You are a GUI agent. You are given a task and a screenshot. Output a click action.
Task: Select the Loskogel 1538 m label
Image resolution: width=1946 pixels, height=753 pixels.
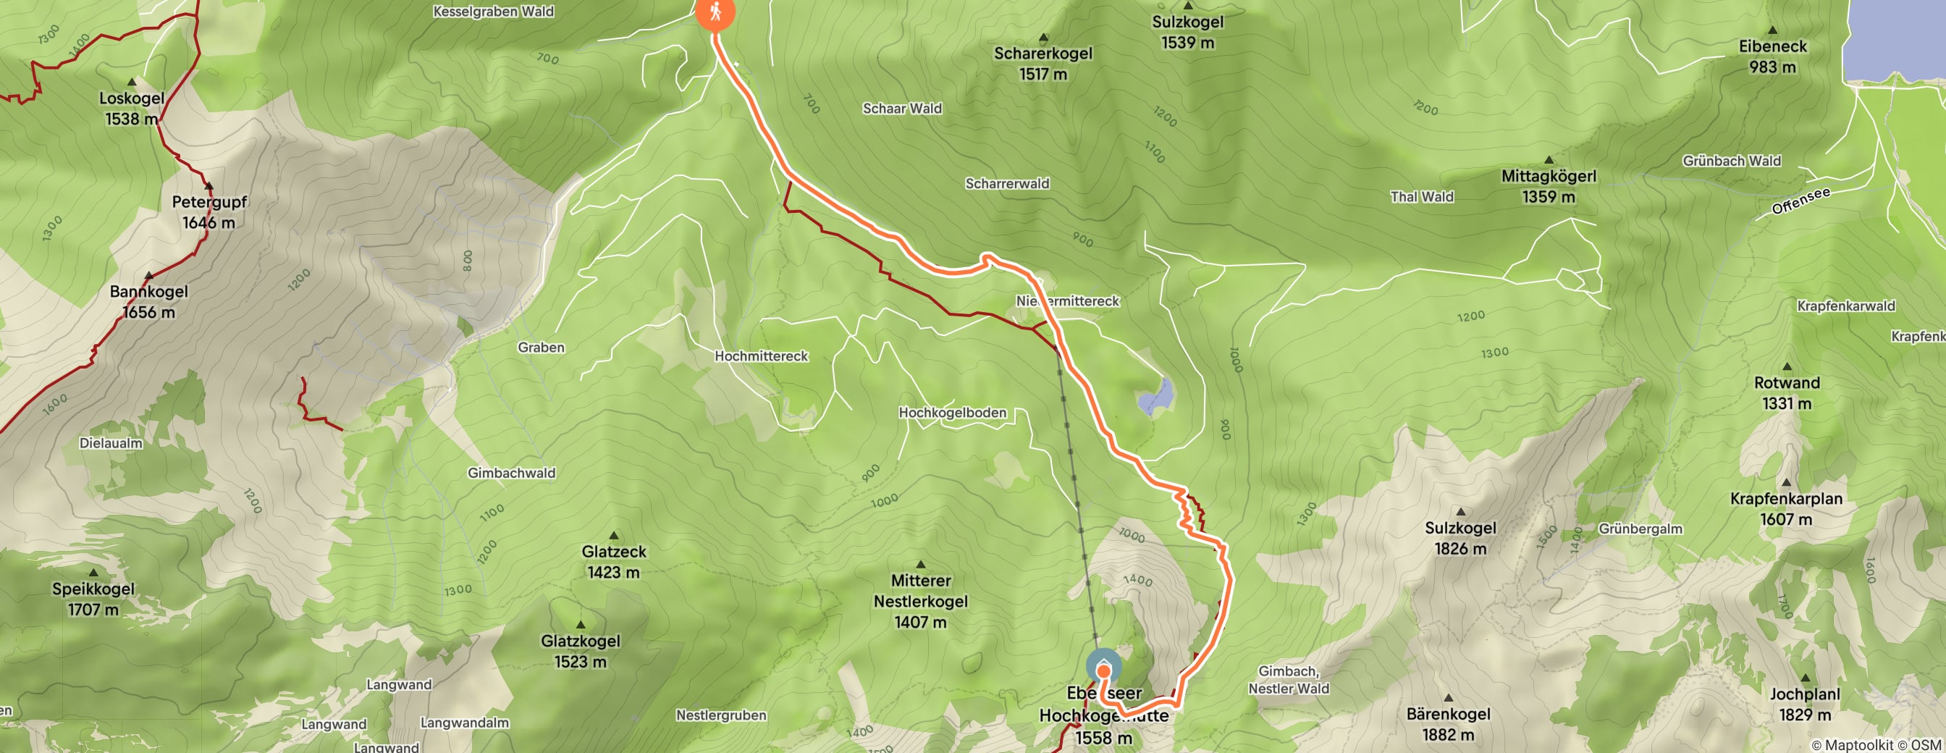coord(132,108)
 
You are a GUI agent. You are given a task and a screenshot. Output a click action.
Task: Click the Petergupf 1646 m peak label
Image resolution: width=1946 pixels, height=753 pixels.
coord(209,211)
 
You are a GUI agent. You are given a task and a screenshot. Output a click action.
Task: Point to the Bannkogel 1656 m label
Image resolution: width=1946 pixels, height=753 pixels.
coord(149,301)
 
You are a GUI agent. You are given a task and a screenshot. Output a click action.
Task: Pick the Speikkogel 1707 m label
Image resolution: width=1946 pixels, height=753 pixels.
coord(93,599)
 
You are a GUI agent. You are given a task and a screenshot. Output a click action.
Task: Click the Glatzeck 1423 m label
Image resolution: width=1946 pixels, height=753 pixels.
coord(613,561)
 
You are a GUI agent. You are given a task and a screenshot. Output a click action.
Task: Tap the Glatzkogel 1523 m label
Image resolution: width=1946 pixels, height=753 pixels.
coord(580,650)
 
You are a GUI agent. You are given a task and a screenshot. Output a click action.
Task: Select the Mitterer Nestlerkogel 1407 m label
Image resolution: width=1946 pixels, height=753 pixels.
coord(920,601)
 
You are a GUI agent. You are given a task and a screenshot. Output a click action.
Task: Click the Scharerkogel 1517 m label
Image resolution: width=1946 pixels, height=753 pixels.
coord(1042,64)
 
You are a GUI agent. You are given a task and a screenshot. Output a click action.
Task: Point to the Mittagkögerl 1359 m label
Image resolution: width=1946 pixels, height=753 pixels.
coord(1549,186)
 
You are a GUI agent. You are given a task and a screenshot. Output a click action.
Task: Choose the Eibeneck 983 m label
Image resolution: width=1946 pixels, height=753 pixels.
coord(1772,56)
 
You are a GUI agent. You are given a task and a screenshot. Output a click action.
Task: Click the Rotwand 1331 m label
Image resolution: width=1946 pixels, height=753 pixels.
coord(1787,392)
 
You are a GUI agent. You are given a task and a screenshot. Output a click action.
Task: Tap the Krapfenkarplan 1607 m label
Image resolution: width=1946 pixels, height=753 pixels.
coord(1786,508)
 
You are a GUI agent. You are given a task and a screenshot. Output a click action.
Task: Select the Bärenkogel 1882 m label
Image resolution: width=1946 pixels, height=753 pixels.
coord(1448,723)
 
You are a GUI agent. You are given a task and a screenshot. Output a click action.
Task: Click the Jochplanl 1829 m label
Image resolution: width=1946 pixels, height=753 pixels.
coord(1805,704)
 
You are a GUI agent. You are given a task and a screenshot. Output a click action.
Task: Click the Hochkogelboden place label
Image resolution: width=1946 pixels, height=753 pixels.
coord(952,413)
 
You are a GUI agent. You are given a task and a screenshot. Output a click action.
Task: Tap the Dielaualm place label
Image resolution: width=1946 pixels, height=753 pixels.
coord(111,442)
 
